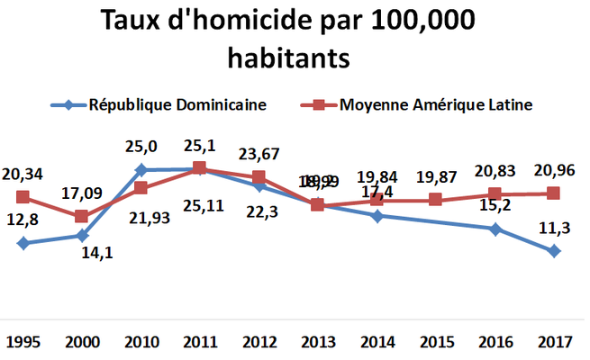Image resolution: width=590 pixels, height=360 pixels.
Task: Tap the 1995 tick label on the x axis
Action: [x=23, y=343]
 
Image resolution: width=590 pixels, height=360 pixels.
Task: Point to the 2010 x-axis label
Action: [x=141, y=343]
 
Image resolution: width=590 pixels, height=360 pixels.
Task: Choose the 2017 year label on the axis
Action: [x=554, y=343]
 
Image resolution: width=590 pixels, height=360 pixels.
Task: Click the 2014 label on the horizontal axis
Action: [x=377, y=343]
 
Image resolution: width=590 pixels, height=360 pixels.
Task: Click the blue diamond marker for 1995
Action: [x=23, y=243]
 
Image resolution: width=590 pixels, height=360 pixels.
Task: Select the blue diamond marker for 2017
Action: [x=554, y=251]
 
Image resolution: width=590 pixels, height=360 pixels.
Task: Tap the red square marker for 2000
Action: [x=82, y=216]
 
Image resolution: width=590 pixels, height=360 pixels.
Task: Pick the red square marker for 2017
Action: [x=554, y=193]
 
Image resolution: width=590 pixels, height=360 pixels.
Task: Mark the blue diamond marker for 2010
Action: [x=141, y=169]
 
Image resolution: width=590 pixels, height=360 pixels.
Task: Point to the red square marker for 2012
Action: [x=259, y=176]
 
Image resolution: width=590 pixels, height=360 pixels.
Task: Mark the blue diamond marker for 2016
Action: [x=495, y=229]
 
